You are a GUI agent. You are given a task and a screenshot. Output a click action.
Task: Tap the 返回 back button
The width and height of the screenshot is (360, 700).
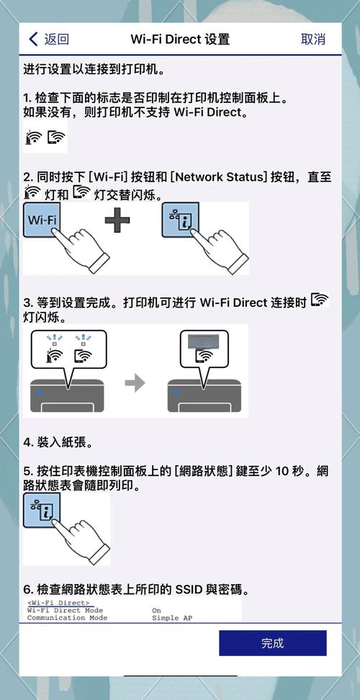(x=49, y=39)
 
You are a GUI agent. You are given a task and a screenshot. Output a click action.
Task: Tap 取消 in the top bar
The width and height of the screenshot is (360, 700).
(x=312, y=39)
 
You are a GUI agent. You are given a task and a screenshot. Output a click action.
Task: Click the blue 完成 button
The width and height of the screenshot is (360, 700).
(x=272, y=643)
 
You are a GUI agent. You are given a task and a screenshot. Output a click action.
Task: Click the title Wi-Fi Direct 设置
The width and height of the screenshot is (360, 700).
(x=180, y=39)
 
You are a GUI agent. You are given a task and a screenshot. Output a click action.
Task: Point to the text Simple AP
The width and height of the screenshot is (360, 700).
(x=173, y=617)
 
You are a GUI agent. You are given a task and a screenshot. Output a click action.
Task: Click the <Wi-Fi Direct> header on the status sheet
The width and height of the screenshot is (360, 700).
(x=58, y=602)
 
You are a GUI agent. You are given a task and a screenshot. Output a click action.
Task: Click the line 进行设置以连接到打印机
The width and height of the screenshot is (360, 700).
(x=94, y=70)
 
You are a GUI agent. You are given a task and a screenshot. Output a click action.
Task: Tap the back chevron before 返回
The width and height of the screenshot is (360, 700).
(x=33, y=39)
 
